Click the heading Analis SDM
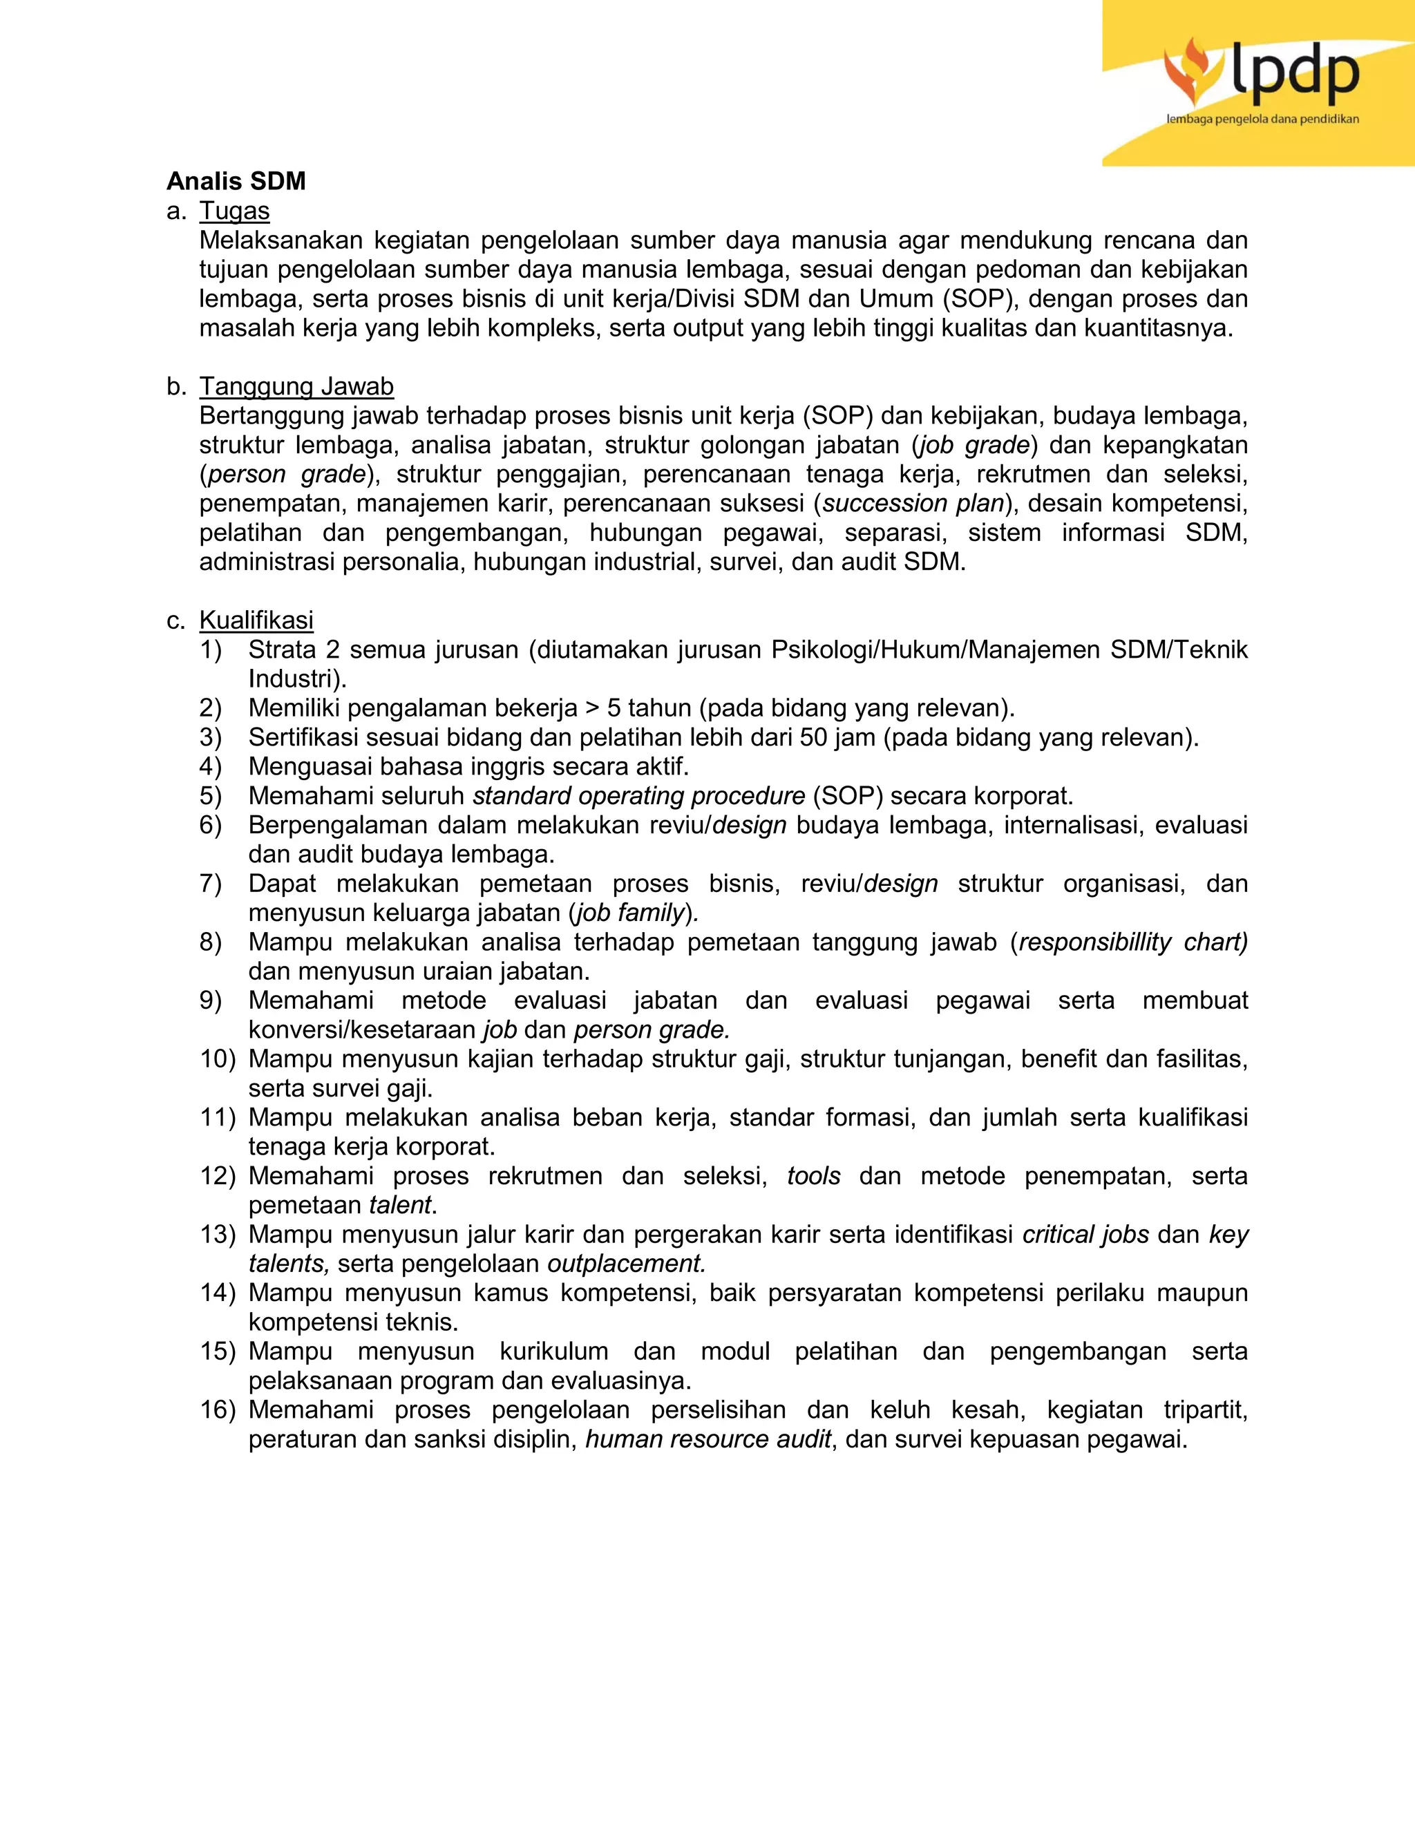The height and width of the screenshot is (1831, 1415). (x=236, y=182)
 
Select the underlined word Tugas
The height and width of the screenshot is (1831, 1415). (x=234, y=211)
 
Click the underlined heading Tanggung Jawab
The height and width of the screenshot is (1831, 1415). (x=296, y=386)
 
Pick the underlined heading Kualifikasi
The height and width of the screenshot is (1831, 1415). (x=256, y=620)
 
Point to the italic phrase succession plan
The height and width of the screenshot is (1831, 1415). (x=913, y=504)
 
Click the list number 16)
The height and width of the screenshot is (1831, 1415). (x=218, y=1410)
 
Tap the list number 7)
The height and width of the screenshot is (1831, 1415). (x=211, y=884)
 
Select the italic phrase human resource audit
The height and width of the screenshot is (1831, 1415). (x=707, y=1439)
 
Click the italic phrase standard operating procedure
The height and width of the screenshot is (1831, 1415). (x=639, y=795)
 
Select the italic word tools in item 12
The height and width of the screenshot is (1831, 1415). (x=813, y=1176)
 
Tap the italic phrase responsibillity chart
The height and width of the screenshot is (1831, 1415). (x=1132, y=942)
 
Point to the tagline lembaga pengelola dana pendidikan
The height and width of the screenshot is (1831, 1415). (x=1262, y=119)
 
